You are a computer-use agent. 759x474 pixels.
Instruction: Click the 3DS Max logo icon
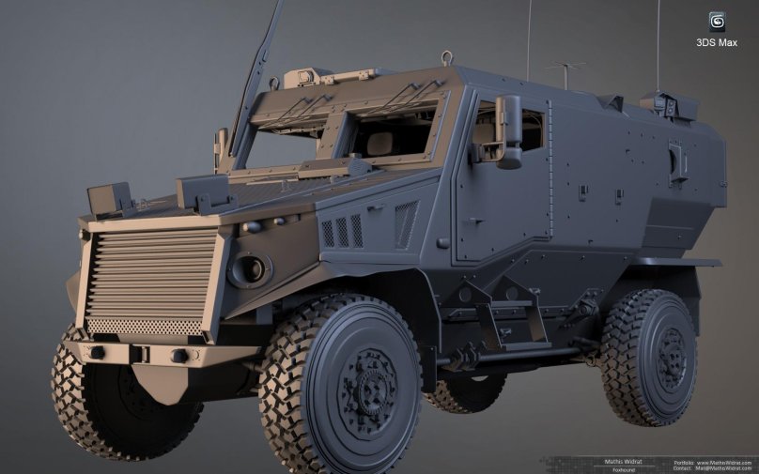point(717,22)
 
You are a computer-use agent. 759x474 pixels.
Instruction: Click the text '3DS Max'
point(717,43)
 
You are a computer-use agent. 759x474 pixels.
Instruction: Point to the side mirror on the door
point(509,131)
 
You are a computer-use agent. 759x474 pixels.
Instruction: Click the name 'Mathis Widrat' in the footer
point(619,461)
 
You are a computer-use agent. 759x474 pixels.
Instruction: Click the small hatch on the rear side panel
point(677,160)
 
